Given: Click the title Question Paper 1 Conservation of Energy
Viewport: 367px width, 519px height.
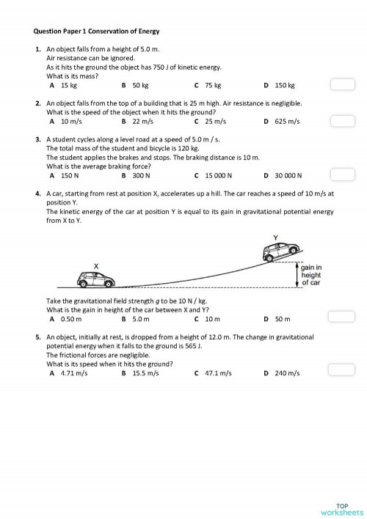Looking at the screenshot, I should point(97,32).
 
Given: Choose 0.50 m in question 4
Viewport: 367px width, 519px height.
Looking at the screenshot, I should point(70,320).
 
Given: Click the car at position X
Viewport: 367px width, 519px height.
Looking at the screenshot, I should point(95,279).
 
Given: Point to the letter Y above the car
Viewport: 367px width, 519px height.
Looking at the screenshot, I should point(275,238).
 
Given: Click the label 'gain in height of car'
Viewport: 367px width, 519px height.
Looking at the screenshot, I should point(310,275).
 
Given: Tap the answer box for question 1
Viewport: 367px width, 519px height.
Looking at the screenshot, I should point(342,85).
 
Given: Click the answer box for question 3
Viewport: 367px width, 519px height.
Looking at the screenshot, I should point(342,175).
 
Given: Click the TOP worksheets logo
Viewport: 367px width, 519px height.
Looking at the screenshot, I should point(341,508).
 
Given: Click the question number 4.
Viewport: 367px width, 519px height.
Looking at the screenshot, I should point(37,194).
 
